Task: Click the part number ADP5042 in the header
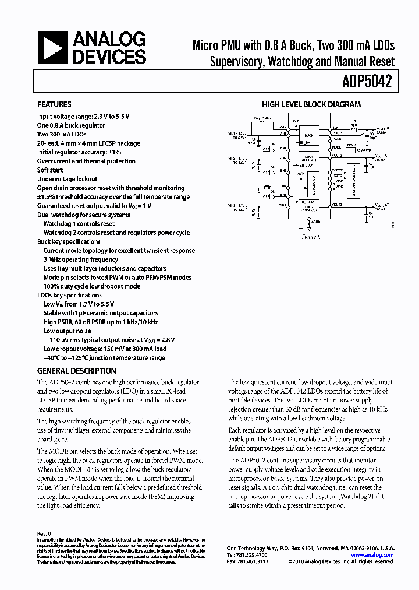tap(371, 83)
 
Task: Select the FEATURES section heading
tap(54, 105)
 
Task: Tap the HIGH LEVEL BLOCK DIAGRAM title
tap(311, 105)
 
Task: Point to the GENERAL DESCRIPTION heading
tap(76, 371)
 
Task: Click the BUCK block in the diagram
tap(308, 135)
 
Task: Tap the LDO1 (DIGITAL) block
tap(308, 159)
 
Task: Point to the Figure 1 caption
tap(311, 237)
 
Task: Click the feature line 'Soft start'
tap(51, 170)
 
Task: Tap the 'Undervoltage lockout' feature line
tap(67, 179)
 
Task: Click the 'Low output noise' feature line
tap(67, 331)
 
